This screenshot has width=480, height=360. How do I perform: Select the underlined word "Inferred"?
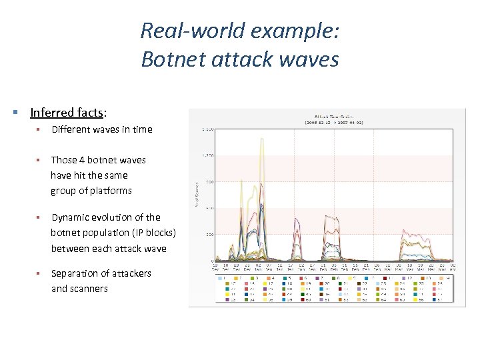53,113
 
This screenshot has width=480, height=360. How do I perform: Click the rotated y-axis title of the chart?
197,195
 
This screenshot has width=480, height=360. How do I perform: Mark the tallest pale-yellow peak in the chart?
262,139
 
